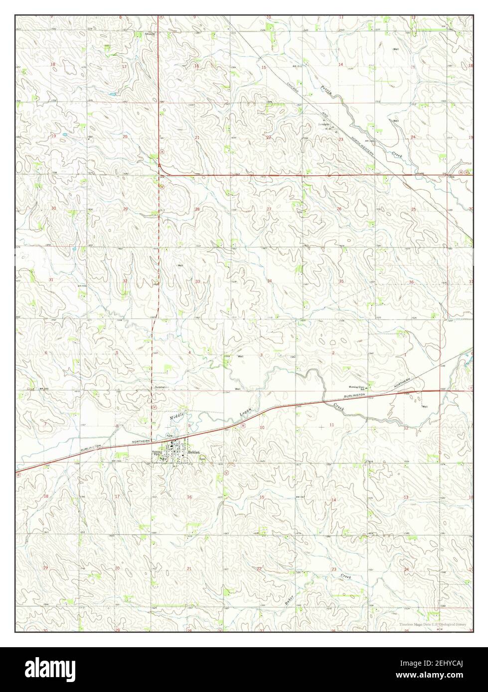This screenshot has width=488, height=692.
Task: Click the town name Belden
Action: pos(194,452)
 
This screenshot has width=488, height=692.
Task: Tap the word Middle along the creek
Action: pos(177,415)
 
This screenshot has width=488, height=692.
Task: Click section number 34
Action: pos(269,282)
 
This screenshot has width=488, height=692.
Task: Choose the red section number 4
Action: pos(189,353)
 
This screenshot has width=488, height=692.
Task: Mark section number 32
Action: pos(125,282)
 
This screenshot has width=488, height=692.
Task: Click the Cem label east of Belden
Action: pos(203,460)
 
